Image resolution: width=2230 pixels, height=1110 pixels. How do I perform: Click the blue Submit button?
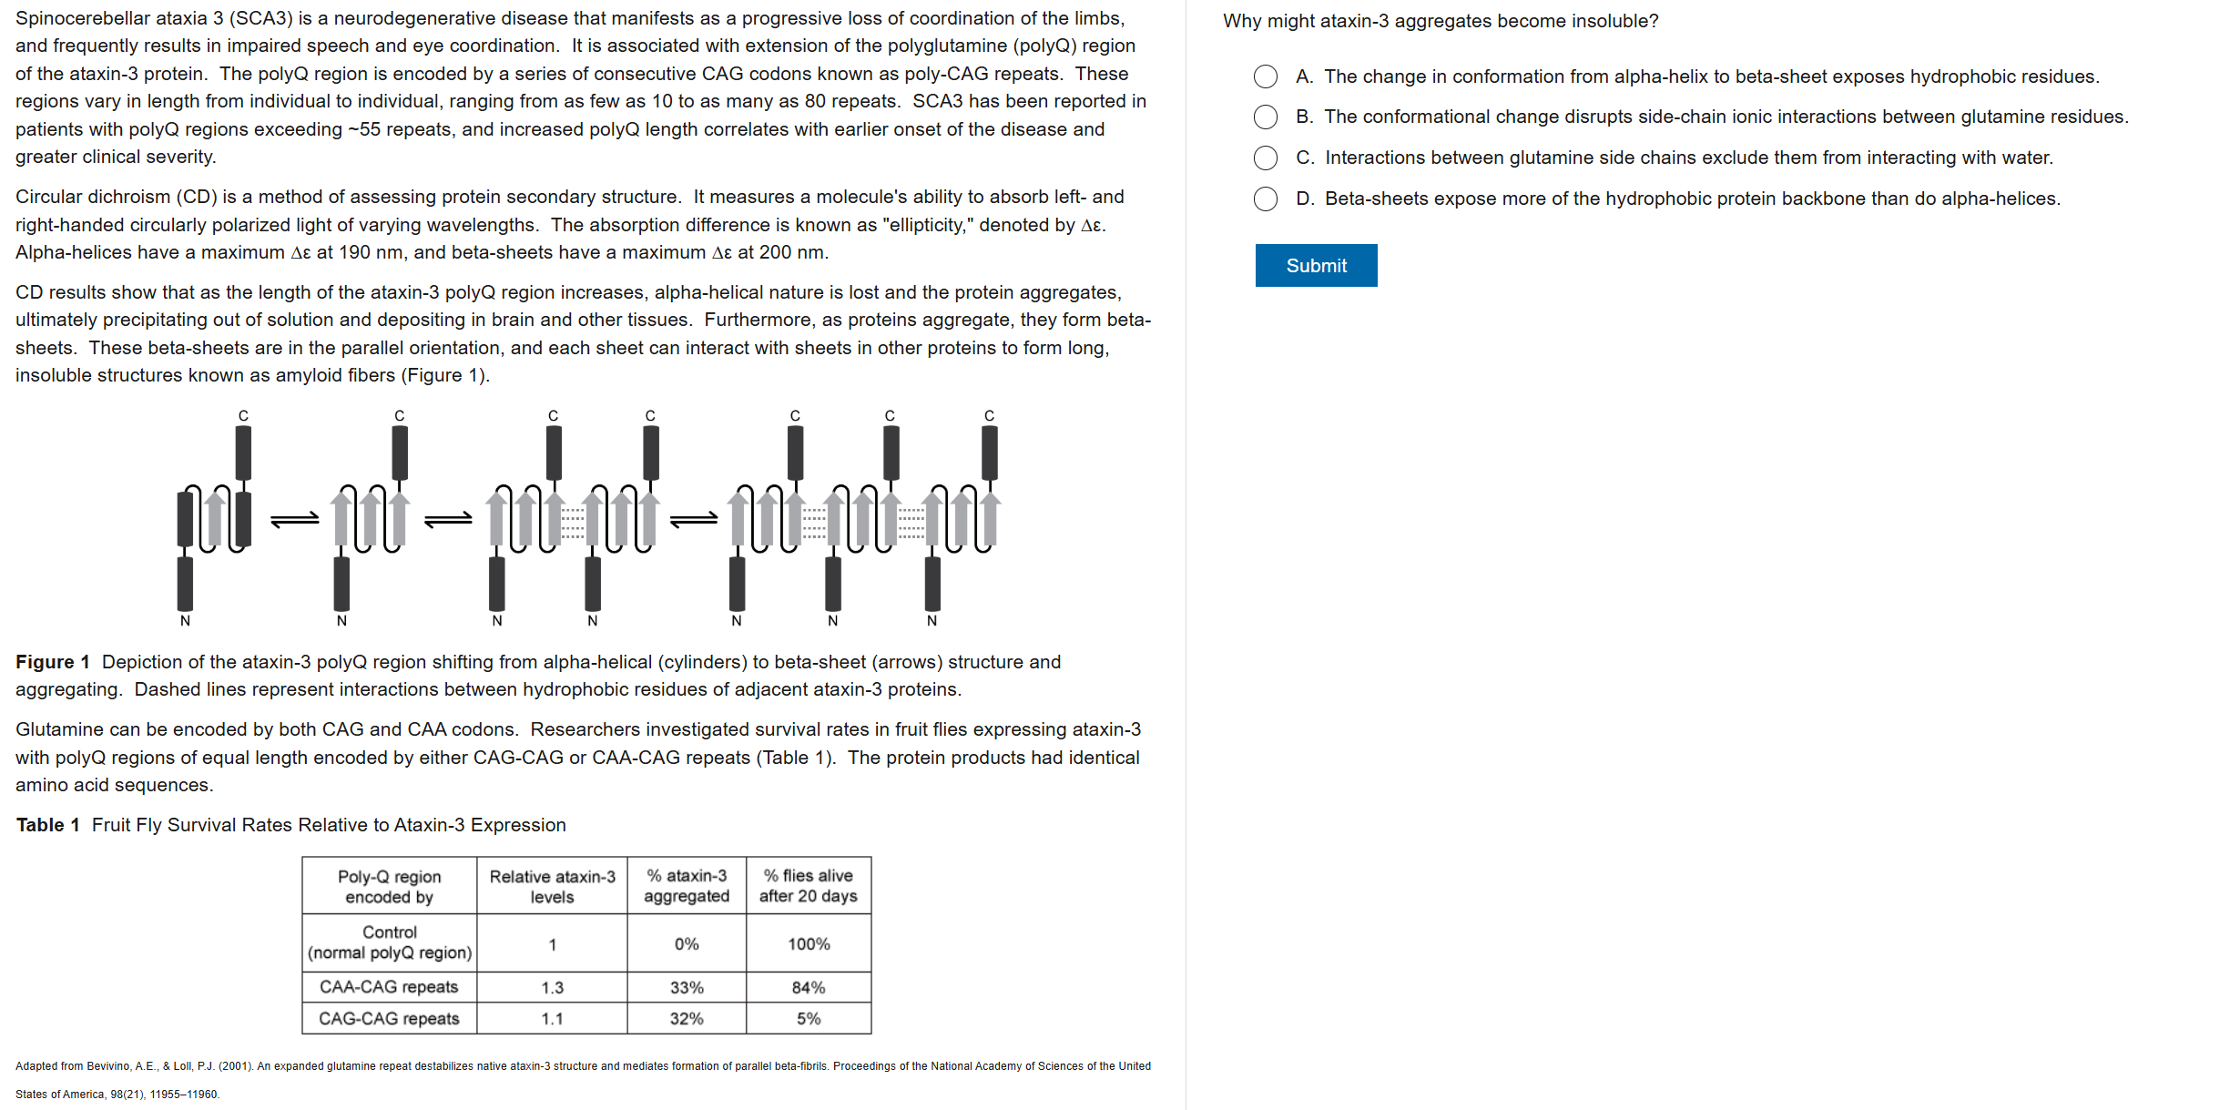1315,266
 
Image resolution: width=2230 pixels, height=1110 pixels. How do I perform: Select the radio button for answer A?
1265,76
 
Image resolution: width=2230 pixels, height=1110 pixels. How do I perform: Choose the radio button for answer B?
1265,117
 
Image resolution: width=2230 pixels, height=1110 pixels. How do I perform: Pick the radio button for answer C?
1265,158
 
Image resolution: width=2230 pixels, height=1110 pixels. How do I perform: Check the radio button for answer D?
1265,199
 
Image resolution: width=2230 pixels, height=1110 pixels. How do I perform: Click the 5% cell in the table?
808,1019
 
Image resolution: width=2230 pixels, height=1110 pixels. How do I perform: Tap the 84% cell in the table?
808,988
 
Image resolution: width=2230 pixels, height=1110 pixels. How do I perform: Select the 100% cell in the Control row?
808,944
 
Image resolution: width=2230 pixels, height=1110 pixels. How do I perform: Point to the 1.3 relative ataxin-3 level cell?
552,988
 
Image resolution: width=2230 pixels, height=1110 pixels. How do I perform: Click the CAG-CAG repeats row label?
389,1019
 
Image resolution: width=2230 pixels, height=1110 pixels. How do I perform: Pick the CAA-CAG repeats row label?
389,988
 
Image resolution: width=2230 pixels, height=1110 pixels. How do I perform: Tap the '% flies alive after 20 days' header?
808,886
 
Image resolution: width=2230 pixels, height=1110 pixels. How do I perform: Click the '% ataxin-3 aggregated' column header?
687,886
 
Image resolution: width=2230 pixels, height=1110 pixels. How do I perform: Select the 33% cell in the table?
687,988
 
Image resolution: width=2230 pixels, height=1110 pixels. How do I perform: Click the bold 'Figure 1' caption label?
53,662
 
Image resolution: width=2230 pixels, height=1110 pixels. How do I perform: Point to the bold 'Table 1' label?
47,825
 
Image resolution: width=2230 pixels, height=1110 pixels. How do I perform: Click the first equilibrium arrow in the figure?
295,519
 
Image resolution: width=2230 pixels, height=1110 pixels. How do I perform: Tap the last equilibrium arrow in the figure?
693,519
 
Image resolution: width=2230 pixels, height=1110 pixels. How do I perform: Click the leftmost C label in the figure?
243,416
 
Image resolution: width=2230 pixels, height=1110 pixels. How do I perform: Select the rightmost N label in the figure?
932,621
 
